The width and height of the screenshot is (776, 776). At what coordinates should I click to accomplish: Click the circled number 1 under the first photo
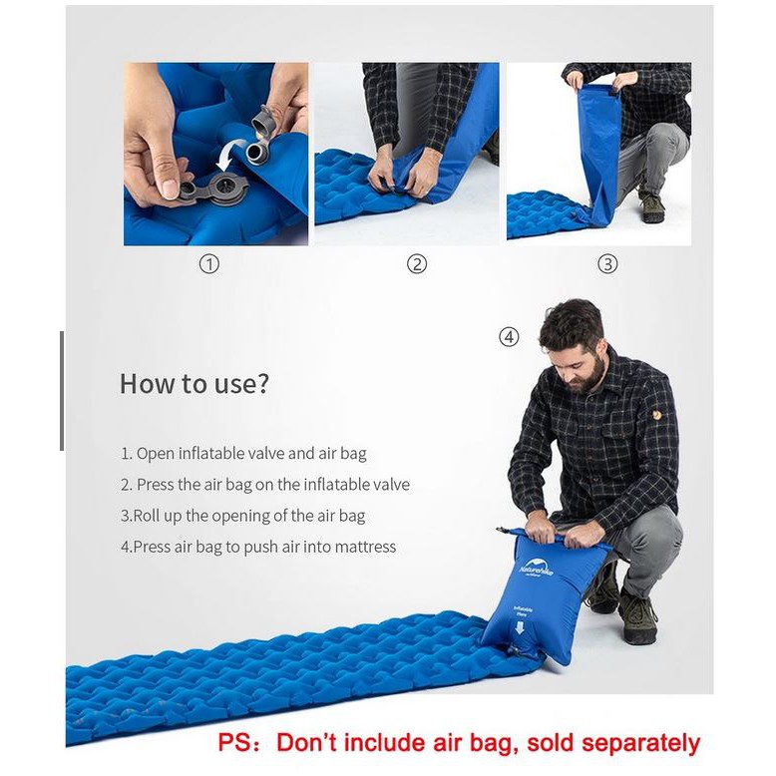[x=208, y=264]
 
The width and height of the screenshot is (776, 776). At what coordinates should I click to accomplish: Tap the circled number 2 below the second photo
[x=417, y=264]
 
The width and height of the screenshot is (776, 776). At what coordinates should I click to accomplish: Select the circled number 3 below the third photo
[x=607, y=264]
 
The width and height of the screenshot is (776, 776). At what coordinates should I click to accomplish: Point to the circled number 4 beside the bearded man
[x=509, y=337]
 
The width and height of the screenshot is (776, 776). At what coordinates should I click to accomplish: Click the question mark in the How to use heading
[x=262, y=384]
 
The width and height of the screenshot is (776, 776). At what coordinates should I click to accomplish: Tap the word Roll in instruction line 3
[x=146, y=516]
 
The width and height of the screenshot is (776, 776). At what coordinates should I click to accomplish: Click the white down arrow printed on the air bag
[x=519, y=627]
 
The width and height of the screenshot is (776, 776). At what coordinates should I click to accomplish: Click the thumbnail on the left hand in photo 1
[x=170, y=189]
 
